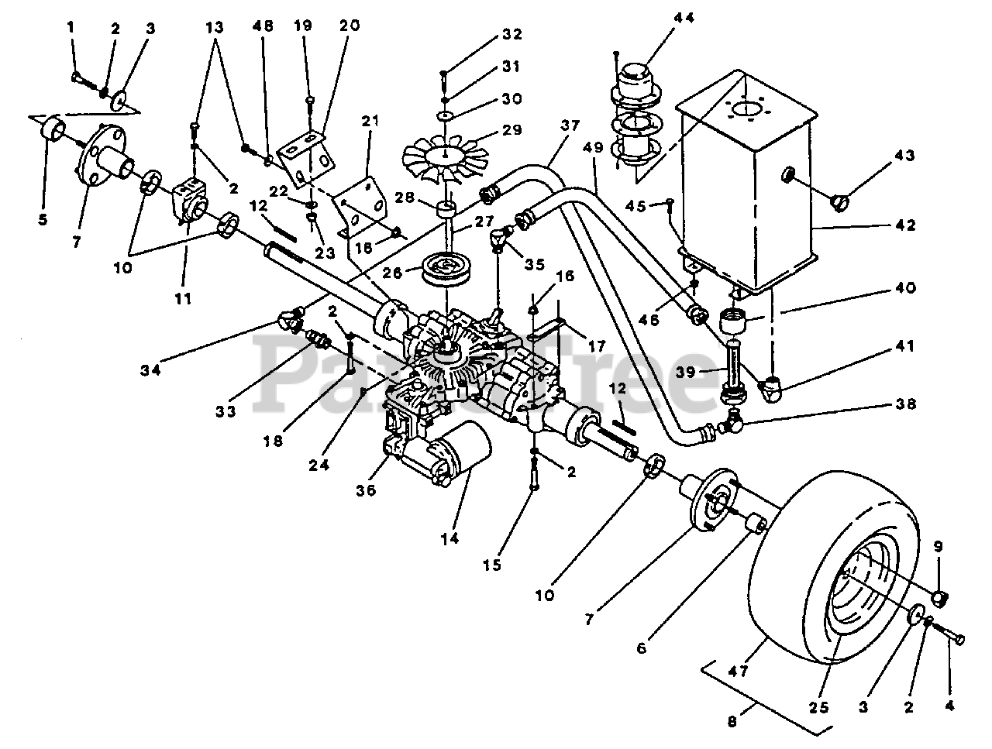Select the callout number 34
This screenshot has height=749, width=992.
[x=150, y=370]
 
